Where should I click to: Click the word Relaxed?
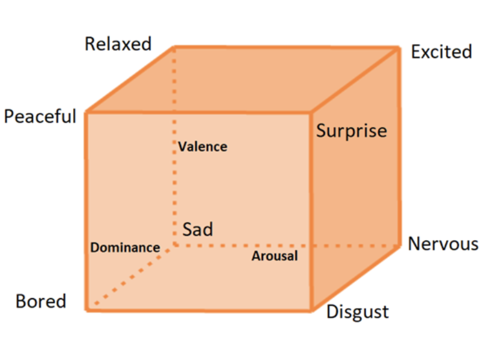coord(118,44)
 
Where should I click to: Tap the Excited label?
coord(441,52)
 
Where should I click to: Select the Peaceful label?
coord(40,116)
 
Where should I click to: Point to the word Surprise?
coord(351,131)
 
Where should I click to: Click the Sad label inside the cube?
coord(197,229)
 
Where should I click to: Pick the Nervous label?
coord(442,244)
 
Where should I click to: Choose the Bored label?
coord(41,301)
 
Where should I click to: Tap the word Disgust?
coord(357,311)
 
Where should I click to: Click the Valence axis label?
coord(202,147)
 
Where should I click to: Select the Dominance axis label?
coord(125,247)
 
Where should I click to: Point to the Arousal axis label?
coord(275,256)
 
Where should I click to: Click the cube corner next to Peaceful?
coord(86,112)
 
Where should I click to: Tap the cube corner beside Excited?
coord(399,47)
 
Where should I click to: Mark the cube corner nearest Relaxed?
coord(174,47)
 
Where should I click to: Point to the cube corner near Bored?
coord(86,309)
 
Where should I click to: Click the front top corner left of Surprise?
coord(310,112)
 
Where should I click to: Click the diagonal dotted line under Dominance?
coord(131,276)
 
